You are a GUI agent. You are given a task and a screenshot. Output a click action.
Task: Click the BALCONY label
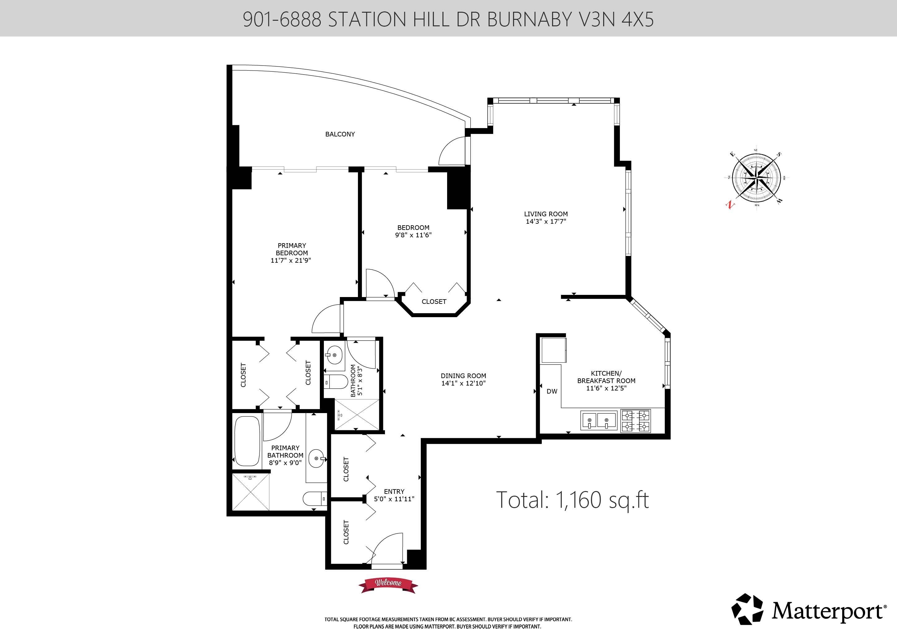coord(340,134)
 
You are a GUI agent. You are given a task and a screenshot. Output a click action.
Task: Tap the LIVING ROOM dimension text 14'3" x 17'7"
coord(546,221)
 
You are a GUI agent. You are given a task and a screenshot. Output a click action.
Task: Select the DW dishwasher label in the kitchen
coord(552,391)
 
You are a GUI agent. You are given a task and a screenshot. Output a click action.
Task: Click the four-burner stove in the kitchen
coord(636,421)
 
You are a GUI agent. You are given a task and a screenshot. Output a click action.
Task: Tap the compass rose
coord(756,178)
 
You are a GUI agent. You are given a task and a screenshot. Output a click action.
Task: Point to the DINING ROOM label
coord(463,376)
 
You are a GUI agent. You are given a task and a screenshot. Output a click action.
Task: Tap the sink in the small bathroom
coord(334,355)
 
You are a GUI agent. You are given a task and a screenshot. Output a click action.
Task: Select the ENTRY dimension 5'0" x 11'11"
coord(394,499)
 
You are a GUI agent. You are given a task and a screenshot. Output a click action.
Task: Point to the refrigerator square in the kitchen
coord(554,350)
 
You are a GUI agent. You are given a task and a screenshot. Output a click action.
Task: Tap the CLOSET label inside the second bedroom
coord(434,302)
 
